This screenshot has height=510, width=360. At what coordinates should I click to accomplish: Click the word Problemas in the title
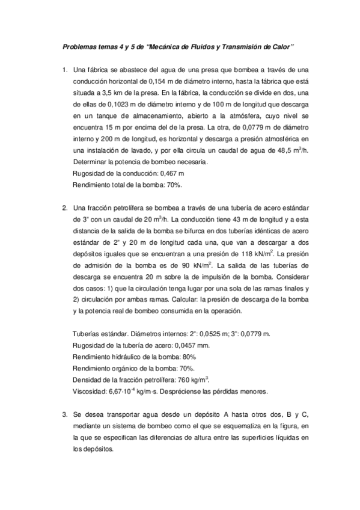coord(80,46)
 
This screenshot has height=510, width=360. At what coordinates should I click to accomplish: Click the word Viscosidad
coord(90,391)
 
